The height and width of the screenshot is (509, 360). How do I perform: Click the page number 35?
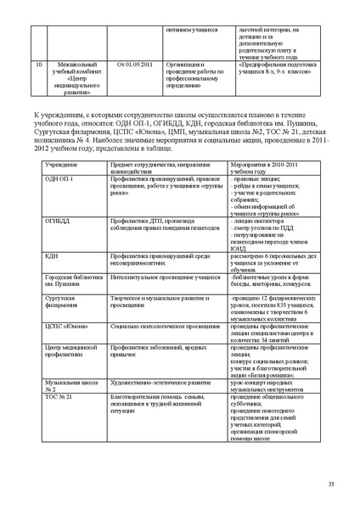[x=330, y=484]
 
